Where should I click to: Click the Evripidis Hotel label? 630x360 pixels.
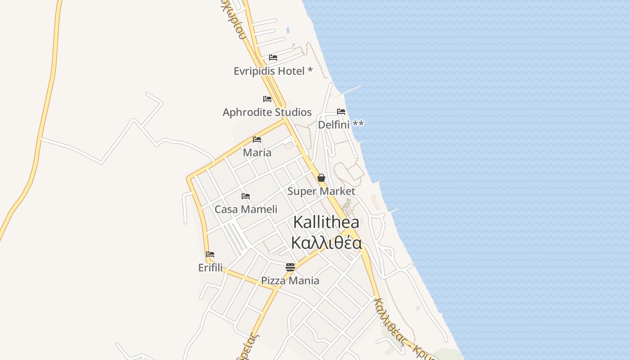point(273,71)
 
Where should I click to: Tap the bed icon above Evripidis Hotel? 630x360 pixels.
point(273,58)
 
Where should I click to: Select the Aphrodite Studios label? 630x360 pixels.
point(267,112)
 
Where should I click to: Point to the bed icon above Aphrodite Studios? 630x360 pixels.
point(267,99)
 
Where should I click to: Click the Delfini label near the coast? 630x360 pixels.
point(341,125)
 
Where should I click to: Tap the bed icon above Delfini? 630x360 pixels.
point(341,112)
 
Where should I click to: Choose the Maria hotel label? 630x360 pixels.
point(257,153)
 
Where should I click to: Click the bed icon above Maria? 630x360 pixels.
point(257,139)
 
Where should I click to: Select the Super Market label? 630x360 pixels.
point(321,191)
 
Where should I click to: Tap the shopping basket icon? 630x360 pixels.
point(321,178)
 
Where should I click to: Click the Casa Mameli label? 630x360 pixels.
point(246,209)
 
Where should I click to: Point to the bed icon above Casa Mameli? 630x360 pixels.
point(246,196)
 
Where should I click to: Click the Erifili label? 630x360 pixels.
point(210,268)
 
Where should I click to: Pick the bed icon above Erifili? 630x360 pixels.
point(210,254)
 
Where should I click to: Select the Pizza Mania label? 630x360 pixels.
point(290,281)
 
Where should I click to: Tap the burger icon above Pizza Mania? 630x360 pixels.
point(290,267)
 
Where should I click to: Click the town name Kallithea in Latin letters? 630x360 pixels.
point(326,222)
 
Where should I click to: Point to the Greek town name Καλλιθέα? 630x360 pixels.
point(326,243)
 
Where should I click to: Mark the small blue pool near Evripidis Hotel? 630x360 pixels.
point(288,31)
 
